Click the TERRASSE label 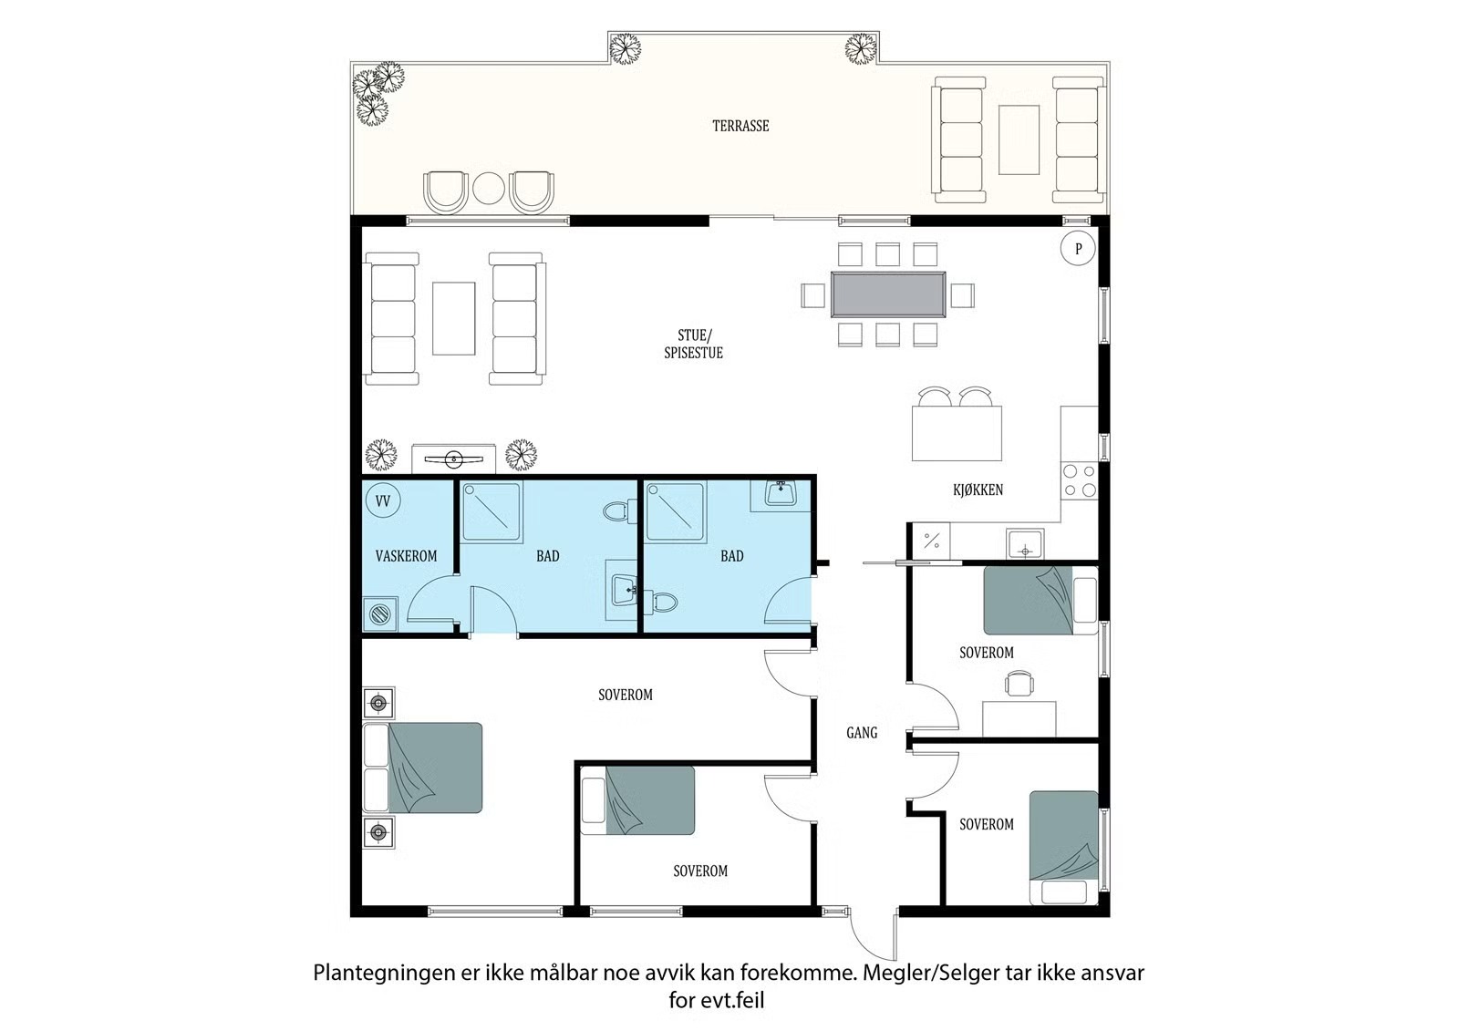740,126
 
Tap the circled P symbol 1078,248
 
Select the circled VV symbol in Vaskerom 383,500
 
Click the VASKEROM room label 406,555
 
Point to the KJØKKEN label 978,490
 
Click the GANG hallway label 862,733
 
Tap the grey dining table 888,295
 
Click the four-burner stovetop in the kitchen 1080,480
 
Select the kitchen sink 1025,544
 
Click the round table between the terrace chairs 489,190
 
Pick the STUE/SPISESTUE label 693,344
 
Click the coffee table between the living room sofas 454,318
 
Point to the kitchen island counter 957,433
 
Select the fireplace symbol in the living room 453,459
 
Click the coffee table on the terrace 1019,139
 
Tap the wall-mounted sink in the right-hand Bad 781,494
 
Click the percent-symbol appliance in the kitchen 931,541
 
